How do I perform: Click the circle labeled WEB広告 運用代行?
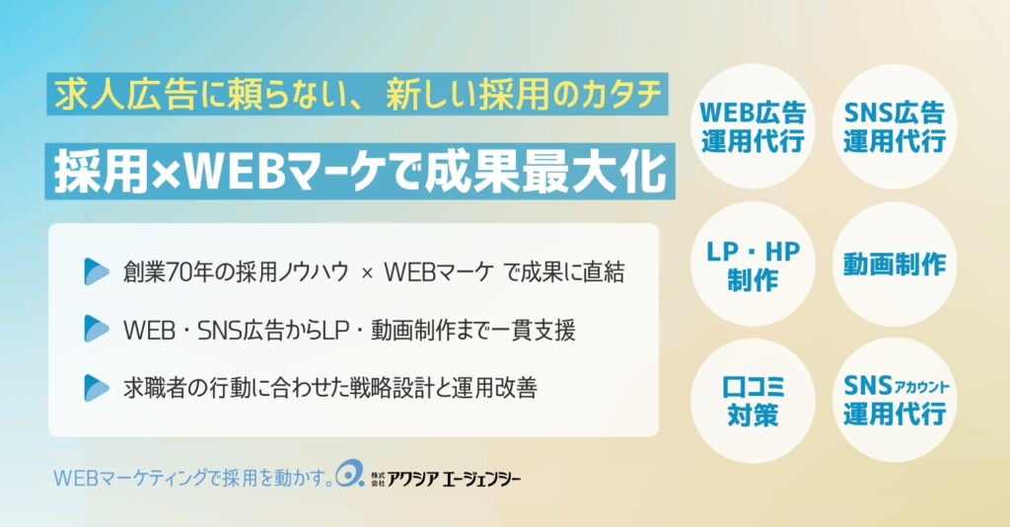(x=753, y=126)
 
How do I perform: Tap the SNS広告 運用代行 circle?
(x=895, y=126)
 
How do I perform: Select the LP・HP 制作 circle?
(x=753, y=264)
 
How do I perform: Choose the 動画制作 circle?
(x=895, y=264)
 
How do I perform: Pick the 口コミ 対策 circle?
(x=753, y=401)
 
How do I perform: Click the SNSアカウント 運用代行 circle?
(x=895, y=401)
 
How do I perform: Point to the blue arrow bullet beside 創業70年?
(x=97, y=271)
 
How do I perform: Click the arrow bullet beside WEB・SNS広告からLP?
(x=97, y=329)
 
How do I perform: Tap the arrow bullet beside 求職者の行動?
(x=97, y=388)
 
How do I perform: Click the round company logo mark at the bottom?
(x=350, y=474)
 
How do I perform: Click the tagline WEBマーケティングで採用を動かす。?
(x=193, y=478)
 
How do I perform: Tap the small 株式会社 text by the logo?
(x=378, y=479)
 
